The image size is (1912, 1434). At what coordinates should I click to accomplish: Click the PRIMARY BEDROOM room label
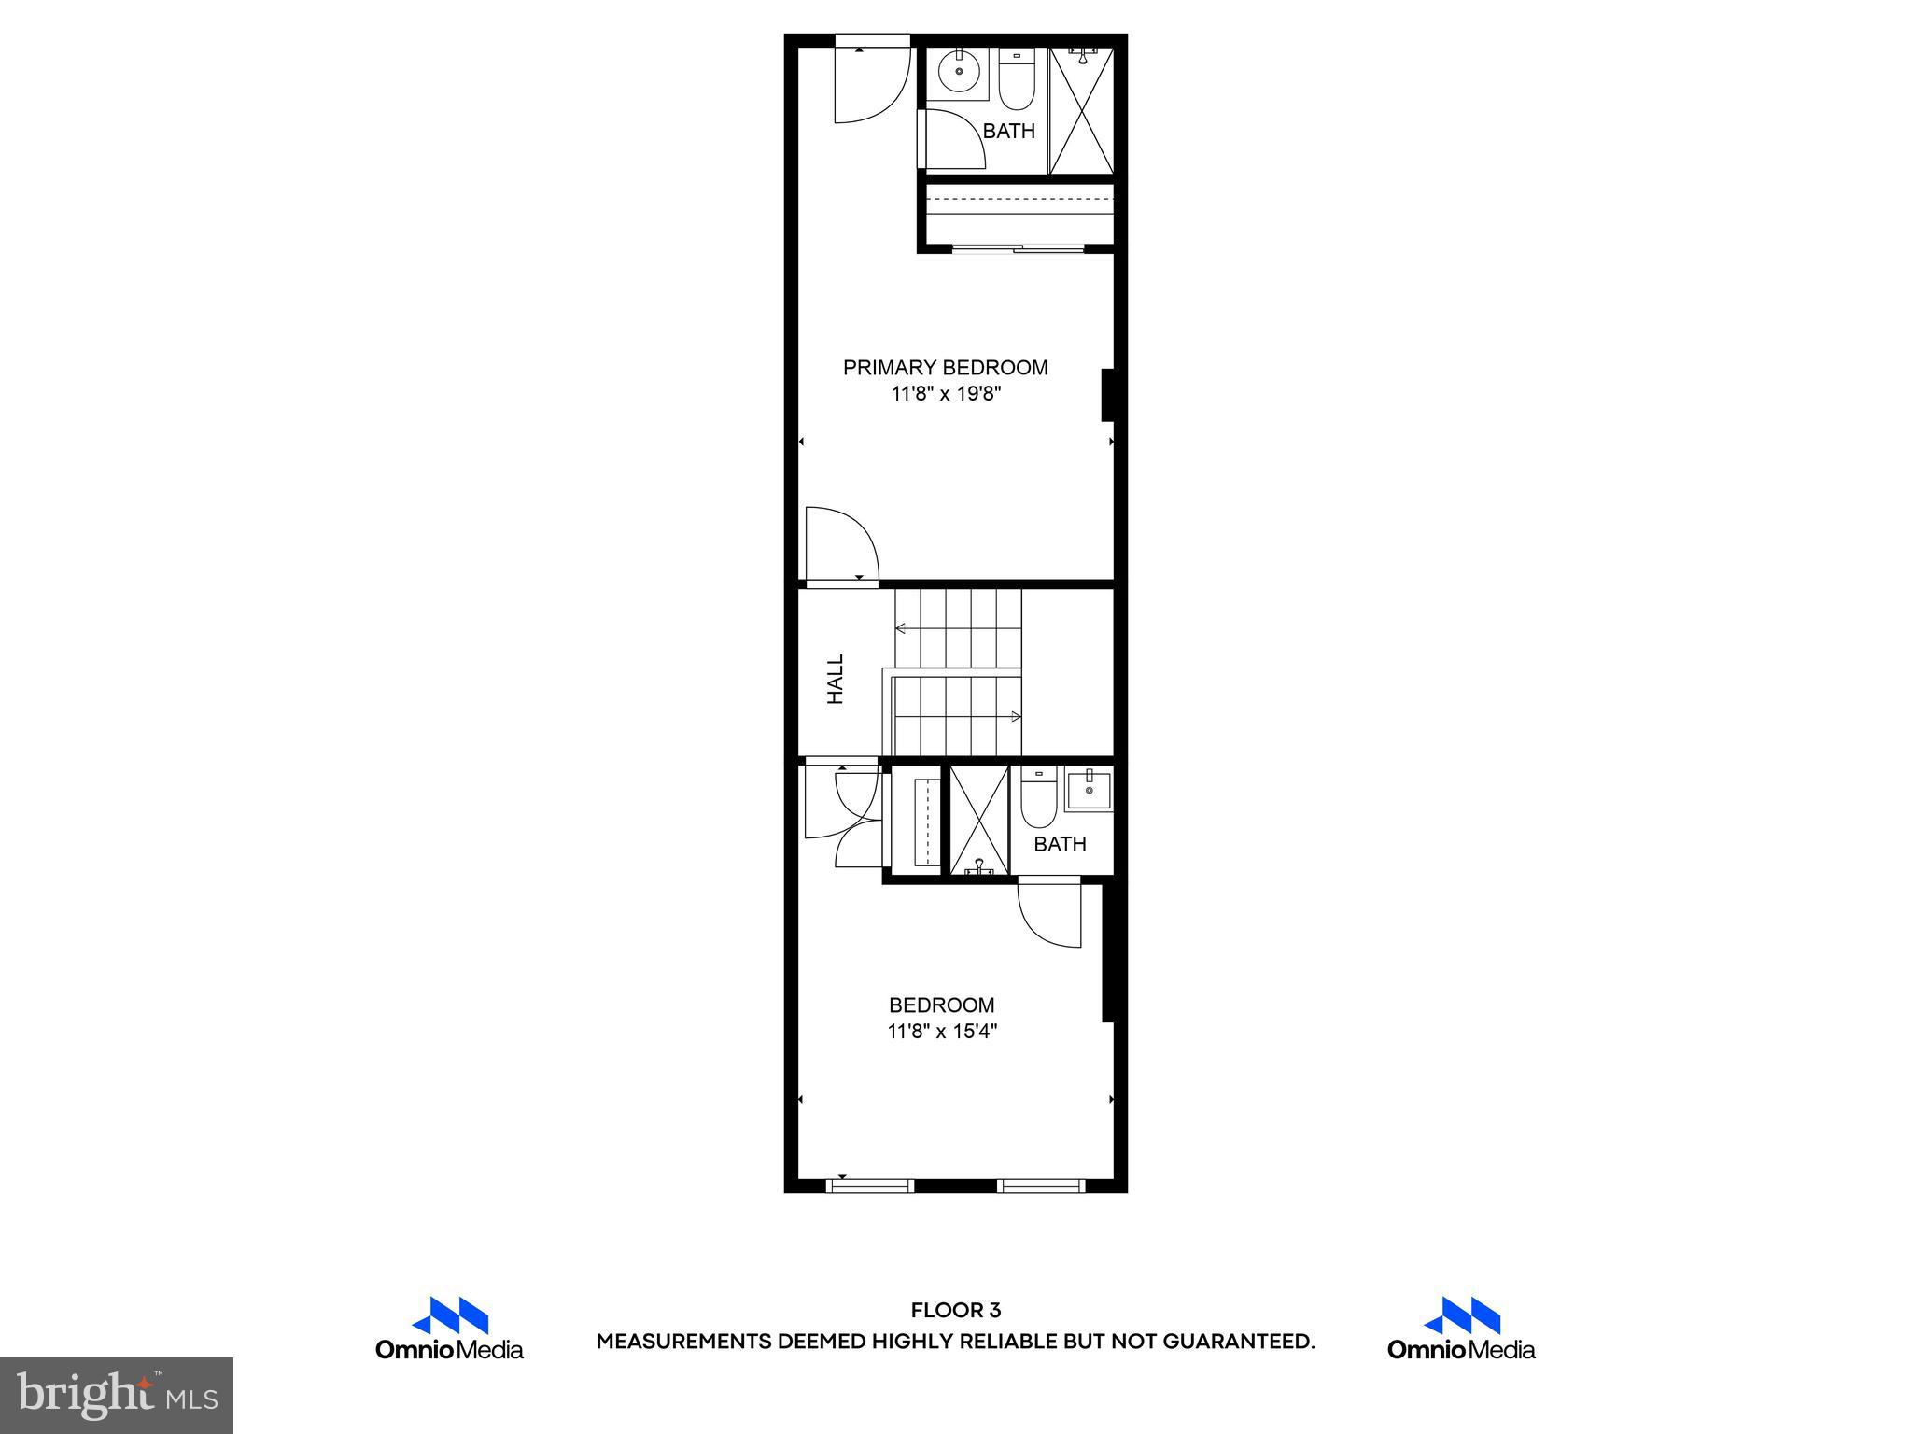tap(945, 368)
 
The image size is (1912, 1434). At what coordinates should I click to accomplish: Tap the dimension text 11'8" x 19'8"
tap(946, 394)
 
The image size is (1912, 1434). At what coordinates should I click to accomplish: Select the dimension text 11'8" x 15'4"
tap(942, 1032)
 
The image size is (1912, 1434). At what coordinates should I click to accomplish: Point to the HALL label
tap(836, 679)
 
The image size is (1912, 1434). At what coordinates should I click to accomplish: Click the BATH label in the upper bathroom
tap(1009, 132)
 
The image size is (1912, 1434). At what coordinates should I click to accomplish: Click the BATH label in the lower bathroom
tap(1060, 845)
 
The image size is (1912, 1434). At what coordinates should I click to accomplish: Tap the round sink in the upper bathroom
tap(957, 71)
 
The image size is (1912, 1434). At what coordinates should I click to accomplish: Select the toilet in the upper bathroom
tap(1017, 79)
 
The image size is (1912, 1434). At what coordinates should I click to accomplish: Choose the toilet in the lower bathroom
tap(1038, 799)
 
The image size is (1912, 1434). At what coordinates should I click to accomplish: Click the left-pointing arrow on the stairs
tap(901, 628)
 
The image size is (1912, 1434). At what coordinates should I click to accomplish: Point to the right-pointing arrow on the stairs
tap(1015, 716)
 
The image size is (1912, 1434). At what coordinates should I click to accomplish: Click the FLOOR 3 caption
tap(955, 1311)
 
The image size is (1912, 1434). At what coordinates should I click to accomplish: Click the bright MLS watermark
tap(117, 1395)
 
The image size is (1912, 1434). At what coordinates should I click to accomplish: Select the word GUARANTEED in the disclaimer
tap(1238, 1343)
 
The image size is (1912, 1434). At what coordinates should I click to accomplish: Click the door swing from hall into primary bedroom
tap(839, 545)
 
